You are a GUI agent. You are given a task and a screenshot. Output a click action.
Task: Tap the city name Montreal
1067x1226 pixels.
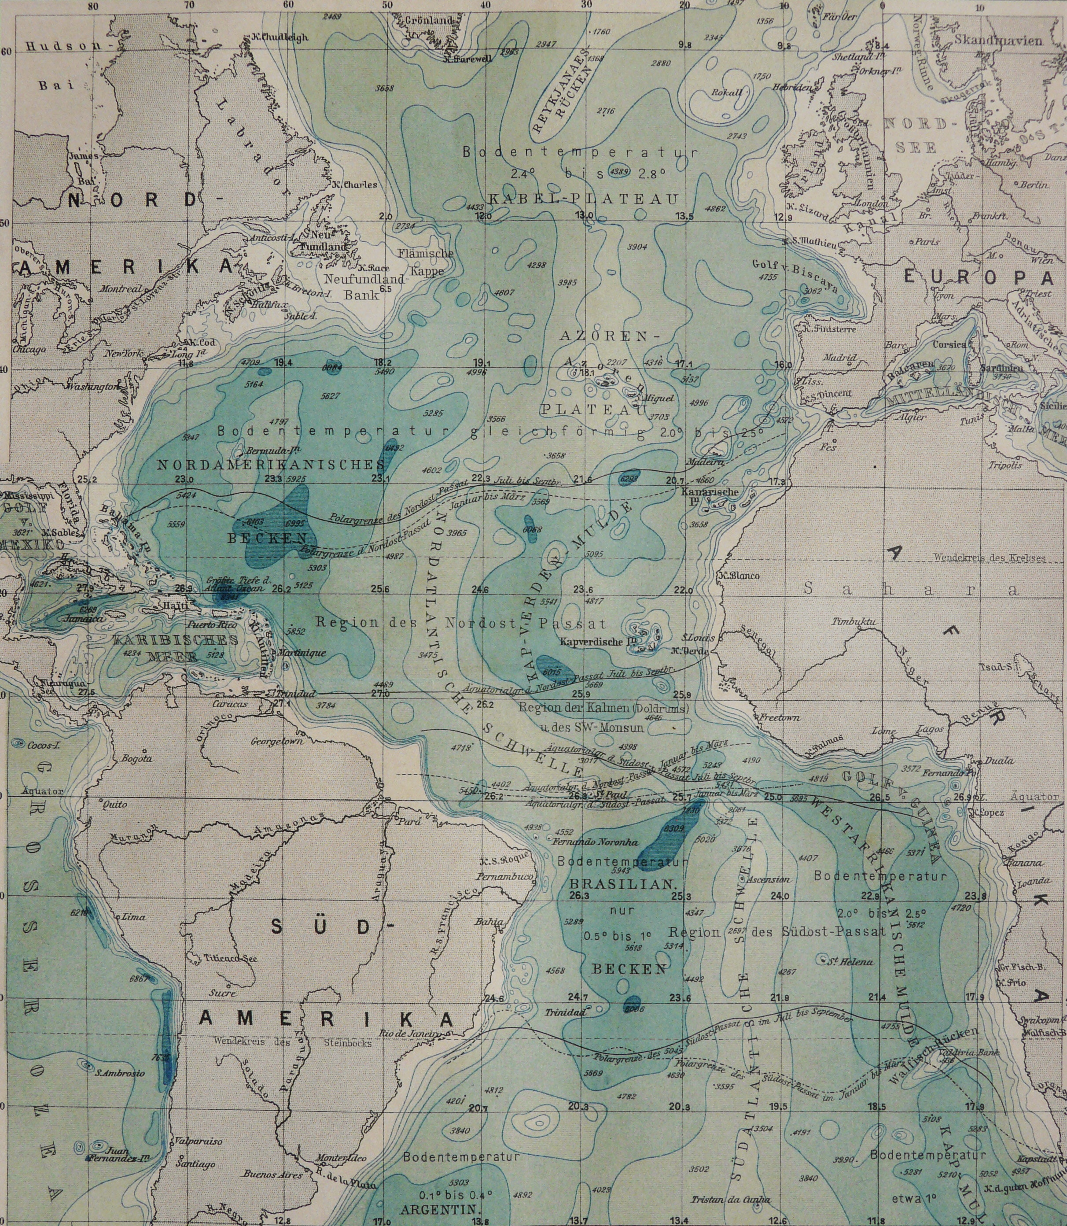(x=121, y=288)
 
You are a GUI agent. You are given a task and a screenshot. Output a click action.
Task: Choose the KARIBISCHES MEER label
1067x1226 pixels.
(x=174, y=647)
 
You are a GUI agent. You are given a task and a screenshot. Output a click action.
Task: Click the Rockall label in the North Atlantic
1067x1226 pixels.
(x=727, y=92)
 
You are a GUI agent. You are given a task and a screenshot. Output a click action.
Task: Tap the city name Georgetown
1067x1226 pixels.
(x=276, y=741)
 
